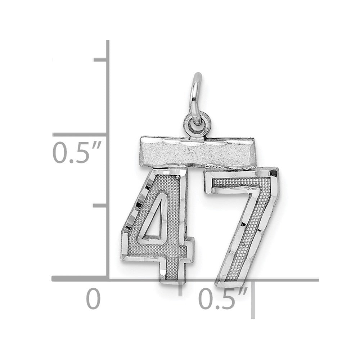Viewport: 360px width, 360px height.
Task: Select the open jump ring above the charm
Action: tap(195, 99)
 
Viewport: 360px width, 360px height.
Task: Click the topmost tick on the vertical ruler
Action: tap(100, 60)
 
